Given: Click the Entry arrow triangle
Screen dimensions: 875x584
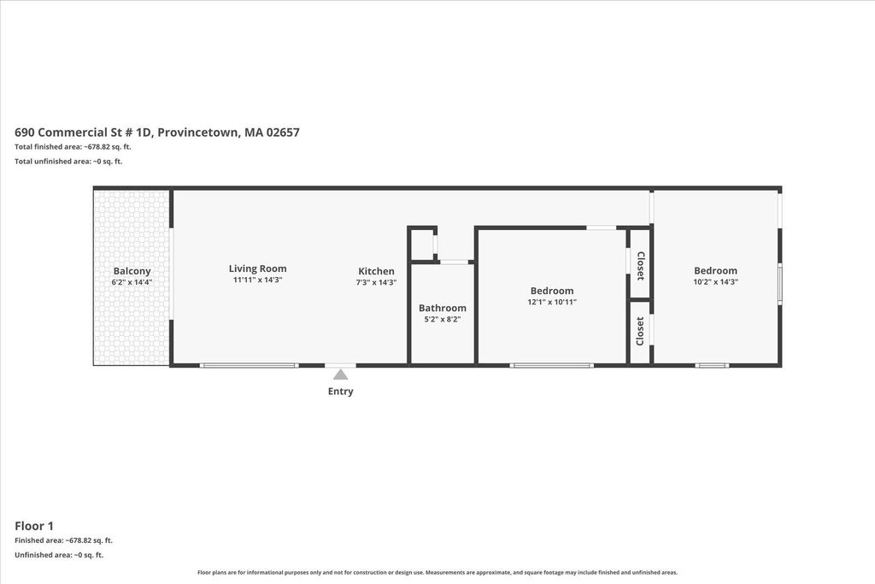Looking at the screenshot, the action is coord(340,374).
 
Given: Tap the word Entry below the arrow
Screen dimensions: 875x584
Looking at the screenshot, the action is coord(340,392).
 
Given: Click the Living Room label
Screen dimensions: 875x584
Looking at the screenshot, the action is coord(258,268).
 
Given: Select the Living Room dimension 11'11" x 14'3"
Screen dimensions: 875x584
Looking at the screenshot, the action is coord(258,280).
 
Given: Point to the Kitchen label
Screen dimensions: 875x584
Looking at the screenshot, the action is coord(376,271).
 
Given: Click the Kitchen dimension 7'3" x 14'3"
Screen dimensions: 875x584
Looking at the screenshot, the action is coord(376,282).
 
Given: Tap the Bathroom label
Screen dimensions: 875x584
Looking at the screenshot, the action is coord(443,308).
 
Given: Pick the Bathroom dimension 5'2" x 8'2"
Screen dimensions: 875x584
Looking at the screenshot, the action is coord(443,319).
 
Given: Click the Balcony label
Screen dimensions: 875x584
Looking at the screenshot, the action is coord(132,271).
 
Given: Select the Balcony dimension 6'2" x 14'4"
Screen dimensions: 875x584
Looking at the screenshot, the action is coord(132,282).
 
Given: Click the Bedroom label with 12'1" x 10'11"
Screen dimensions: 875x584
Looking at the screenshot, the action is coord(552,291).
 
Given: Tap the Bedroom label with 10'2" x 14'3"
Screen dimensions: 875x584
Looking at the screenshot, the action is coord(715,271).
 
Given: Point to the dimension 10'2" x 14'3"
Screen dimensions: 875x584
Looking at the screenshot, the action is coord(715,282).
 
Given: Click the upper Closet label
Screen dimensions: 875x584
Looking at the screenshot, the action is coord(641,266).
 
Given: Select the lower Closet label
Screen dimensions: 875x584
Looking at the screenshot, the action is coord(641,331).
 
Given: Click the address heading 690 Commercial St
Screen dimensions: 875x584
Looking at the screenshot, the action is coord(157,133).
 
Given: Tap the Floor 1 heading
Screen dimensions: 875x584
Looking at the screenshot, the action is coord(34,526).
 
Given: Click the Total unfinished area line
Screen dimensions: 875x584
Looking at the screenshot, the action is coord(68,162).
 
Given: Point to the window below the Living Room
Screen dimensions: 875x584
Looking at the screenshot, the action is coord(249,366).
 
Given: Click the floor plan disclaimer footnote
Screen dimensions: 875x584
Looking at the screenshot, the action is coord(437,572).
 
